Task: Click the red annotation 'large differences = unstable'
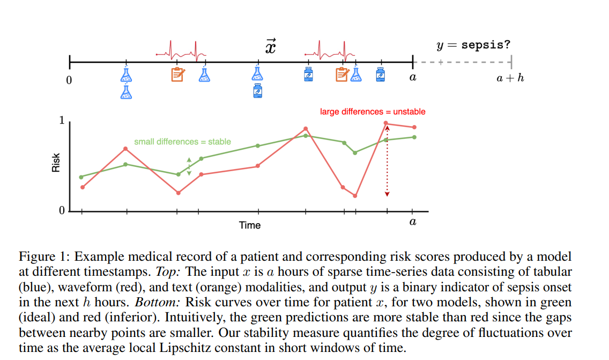point(373,112)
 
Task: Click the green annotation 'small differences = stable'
point(182,142)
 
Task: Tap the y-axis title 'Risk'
point(56,163)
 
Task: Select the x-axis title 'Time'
point(250,225)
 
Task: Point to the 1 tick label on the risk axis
point(62,121)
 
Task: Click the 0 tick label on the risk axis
point(62,211)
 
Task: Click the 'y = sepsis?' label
point(473,45)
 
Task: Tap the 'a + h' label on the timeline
point(510,78)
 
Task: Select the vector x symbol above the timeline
point(271,47)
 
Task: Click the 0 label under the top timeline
point(69,81)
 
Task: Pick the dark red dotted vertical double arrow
point(387,161)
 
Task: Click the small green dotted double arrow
point(189,166)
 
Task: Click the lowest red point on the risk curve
point(355,196)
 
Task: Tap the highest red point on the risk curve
point(387,123)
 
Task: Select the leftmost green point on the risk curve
point(81,177)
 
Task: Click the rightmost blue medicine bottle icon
point(380,74)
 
